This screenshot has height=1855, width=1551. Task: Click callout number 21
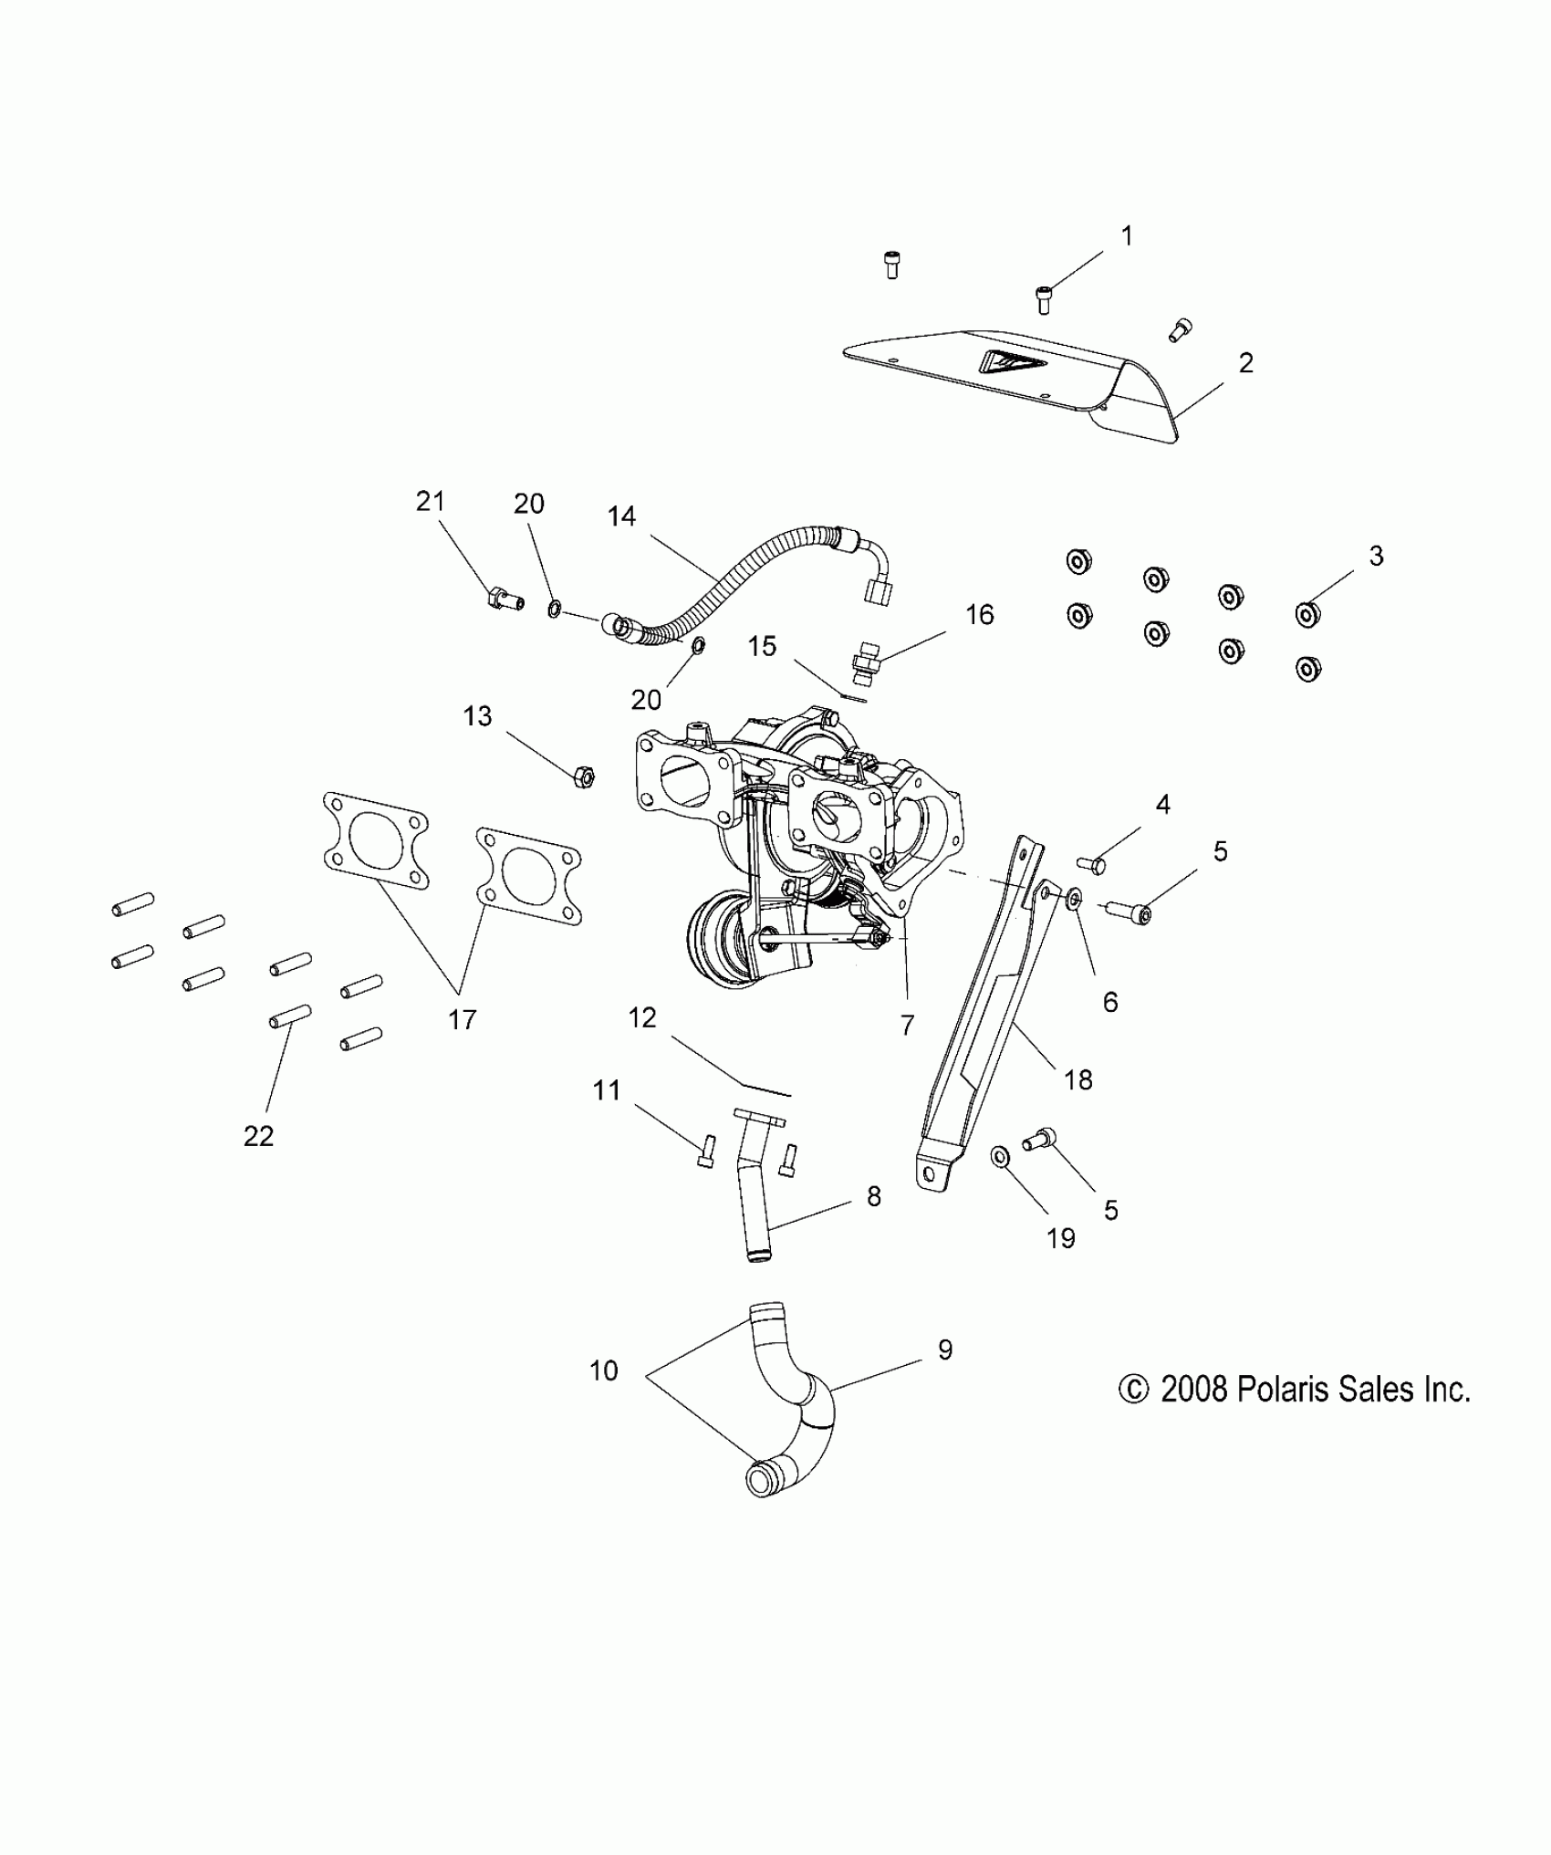430,501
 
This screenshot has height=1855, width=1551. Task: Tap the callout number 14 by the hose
621,516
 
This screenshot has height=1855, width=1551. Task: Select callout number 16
979,615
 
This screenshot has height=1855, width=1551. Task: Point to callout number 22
258,1136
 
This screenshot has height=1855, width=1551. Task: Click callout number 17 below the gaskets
463,1019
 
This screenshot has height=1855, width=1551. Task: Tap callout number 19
1060,1238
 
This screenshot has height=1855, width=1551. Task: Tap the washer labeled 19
1000,1158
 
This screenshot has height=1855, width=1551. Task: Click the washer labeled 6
1074,899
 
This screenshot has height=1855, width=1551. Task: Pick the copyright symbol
1133,1415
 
